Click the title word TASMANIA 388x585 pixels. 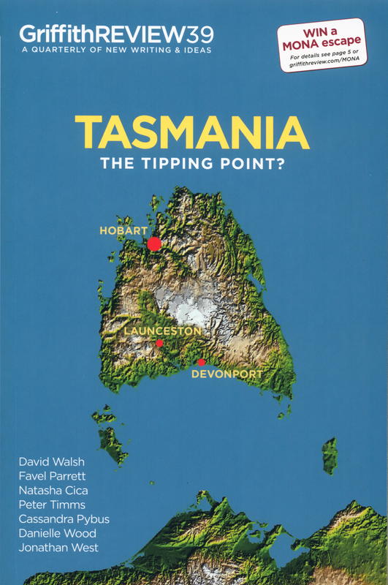[191, 133]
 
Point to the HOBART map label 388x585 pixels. [123, 231]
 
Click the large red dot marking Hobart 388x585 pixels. [154, 244]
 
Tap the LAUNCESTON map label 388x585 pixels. [161, 331]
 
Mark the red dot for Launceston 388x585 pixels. [159, 343]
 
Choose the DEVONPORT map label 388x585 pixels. [226, 374]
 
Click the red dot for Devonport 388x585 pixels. [202, 362]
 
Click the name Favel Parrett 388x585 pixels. [51, 477]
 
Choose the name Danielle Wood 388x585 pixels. [55, 532]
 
